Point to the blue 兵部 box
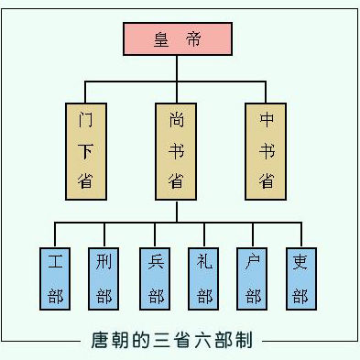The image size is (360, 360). click(x=155, y=278)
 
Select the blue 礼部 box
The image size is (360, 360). click(x=204, y=278)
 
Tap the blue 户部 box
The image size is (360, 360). click(x=253, y=278)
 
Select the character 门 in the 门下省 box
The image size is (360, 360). click(x=86, y=119)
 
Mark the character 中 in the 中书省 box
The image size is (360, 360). click(x=267, y=119)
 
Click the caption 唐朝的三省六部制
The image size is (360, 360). click(x=180, y=340)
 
